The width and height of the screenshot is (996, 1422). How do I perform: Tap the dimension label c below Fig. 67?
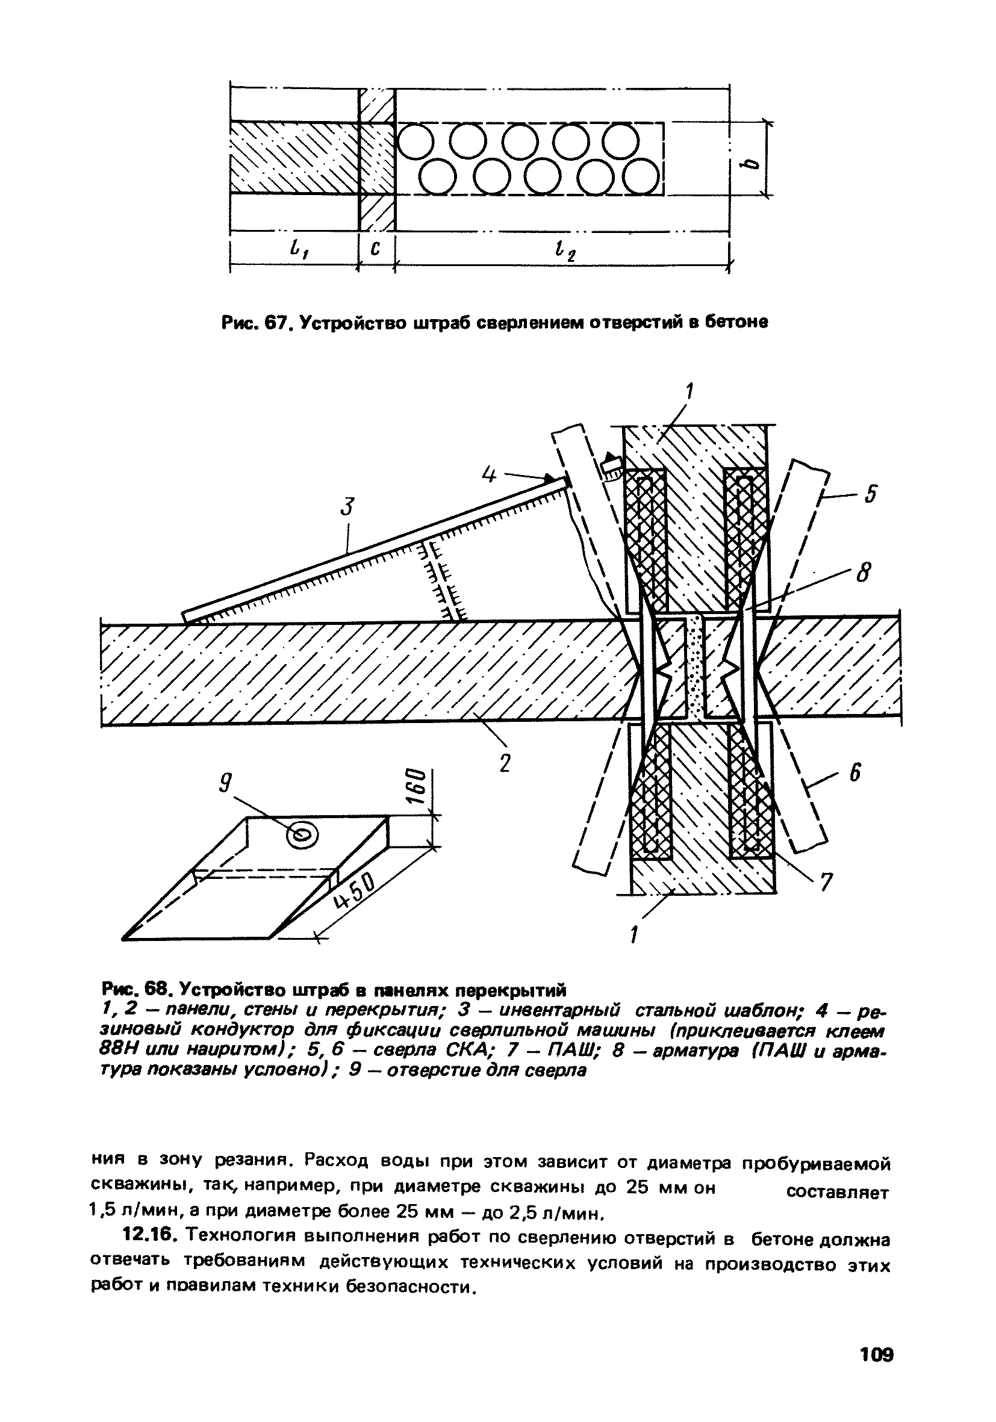[x=375, y=249]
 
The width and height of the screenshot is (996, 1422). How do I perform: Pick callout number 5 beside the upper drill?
[x=870, y=494]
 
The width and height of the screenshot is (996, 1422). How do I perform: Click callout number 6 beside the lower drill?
[x=863, y=573]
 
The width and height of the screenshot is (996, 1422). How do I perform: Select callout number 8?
[x=863, y=573]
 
